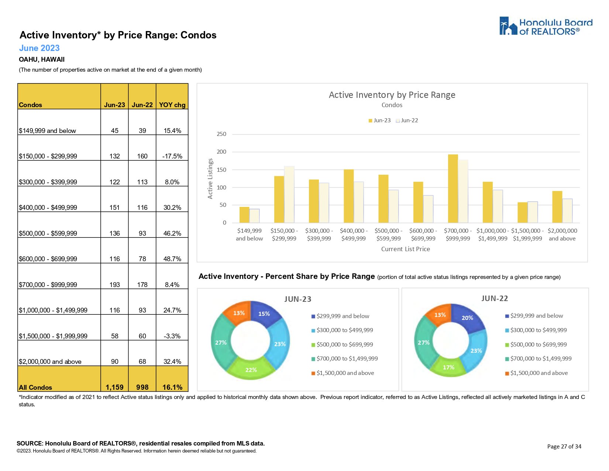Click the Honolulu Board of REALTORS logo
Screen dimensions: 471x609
click(546, 26)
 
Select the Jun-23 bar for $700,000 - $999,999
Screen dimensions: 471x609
click(453, 188)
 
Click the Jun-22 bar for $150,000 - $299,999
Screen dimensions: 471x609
click(289, 194)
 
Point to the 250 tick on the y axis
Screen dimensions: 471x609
click(221, 134)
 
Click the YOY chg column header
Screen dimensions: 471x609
click(172, 105)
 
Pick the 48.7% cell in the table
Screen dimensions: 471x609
click(172, 259)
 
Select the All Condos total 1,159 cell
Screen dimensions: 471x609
click(114, 387)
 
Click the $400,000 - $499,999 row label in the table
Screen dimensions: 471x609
click(48, 208)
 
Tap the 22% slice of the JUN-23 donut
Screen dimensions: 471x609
click(251, 370)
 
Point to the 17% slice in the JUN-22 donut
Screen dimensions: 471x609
click(448, 367)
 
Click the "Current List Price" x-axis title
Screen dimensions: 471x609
click(405, 249)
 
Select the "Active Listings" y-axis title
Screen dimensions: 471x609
click(210, 179)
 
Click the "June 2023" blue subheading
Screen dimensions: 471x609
click(39, 48)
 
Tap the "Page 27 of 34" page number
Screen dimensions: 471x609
click(564, 447)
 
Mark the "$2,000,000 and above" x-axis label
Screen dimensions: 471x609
click(562, 235)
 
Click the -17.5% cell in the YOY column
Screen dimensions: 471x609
click(172, 156)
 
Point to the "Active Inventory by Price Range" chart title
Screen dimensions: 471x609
click(392, 95)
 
